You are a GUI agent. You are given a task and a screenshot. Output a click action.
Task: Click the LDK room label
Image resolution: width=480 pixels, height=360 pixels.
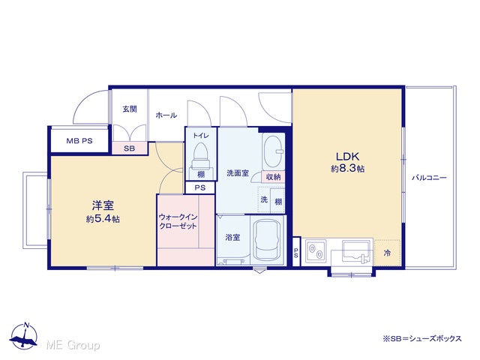347,157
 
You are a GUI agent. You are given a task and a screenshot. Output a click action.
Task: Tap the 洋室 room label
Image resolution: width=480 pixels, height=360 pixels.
103,205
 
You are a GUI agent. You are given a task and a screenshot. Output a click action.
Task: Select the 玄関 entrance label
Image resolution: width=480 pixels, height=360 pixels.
130,109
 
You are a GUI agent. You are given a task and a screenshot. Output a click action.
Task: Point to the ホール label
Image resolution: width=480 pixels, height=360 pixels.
166,115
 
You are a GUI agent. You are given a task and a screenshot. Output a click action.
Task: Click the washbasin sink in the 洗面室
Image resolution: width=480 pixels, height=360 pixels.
274,151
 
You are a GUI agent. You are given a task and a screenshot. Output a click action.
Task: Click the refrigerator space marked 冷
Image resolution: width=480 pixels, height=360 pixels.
387,253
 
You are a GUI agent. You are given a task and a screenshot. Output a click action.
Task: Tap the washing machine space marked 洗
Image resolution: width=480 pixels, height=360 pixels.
264,199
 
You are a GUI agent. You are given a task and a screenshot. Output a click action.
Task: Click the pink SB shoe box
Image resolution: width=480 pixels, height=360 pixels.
130,148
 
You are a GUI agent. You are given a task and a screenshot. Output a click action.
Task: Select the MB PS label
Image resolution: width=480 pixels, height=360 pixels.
79,141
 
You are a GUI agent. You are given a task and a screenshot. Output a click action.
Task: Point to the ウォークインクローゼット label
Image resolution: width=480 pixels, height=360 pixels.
178,221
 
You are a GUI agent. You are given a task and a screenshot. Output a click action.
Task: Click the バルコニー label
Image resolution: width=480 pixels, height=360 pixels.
429,178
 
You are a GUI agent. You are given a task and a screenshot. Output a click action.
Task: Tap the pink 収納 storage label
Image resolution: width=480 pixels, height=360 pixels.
273,177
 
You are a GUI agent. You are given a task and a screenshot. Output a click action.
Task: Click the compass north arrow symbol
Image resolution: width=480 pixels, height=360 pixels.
24,335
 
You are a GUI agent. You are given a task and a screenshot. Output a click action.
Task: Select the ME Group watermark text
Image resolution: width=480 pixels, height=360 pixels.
73,345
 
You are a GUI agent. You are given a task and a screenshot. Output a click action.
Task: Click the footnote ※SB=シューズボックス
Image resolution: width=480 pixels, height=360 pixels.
421,338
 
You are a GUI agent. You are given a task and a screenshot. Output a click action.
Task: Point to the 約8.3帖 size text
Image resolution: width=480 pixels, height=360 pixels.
347,168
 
